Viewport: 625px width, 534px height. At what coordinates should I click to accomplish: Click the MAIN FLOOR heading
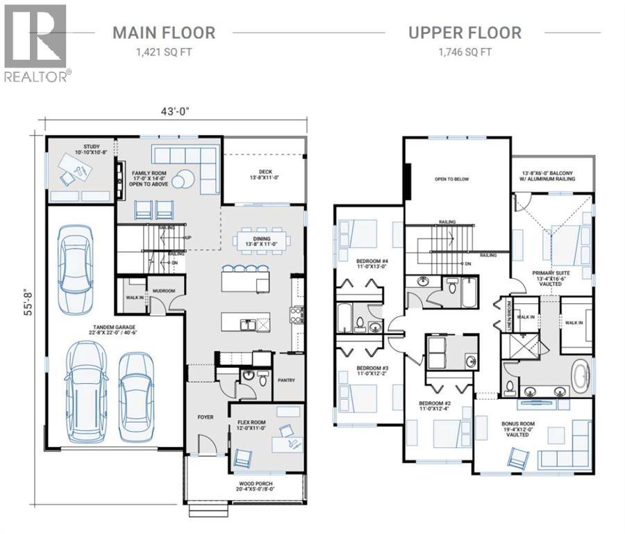[x=164, y=32]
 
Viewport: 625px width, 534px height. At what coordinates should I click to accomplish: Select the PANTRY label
[x=286, y=380]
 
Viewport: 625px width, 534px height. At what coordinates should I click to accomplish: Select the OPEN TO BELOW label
[x=451, y=179]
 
